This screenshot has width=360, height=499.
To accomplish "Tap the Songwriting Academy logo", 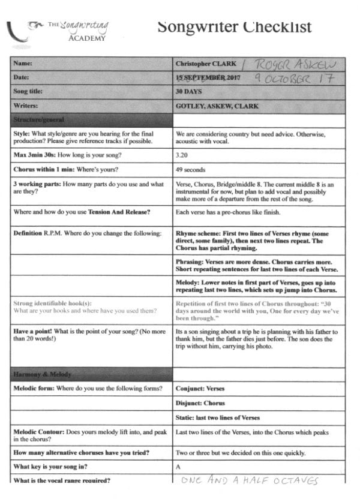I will coord(60,30).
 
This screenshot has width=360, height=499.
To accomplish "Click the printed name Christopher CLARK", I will coord(205,63).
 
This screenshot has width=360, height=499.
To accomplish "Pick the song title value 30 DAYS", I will coord(188,92).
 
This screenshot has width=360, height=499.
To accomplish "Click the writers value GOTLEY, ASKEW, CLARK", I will coord(218,106).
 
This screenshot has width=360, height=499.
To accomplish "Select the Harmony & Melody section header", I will coord(43,374).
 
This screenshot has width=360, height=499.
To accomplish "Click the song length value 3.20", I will coord(182,155).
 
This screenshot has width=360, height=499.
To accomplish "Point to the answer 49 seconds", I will coord(191,169).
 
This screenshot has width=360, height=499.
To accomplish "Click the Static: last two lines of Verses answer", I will coord(218,417).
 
